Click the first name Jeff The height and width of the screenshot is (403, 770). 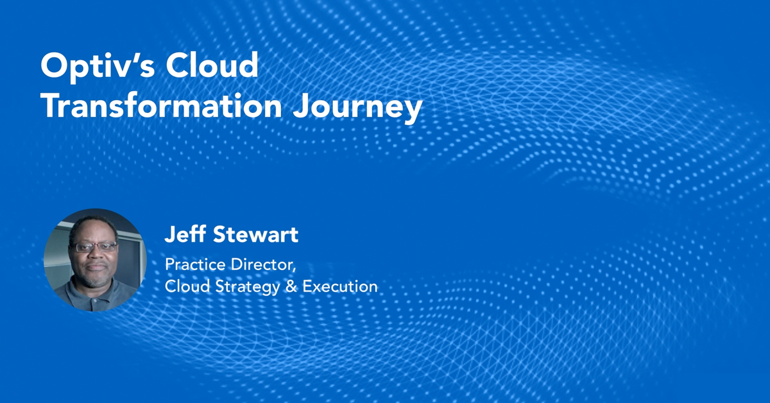pyautogui.click(x=183, y=235)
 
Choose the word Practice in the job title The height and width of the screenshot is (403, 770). pyautogui.click(x=193, y=264)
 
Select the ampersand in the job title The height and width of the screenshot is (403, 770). pyautogui.click(x=291, y=286)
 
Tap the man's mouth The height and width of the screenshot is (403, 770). pyautogui.click(x=96, y=268)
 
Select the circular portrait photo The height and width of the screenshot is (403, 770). pyautogui.click(x=95, y=260)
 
